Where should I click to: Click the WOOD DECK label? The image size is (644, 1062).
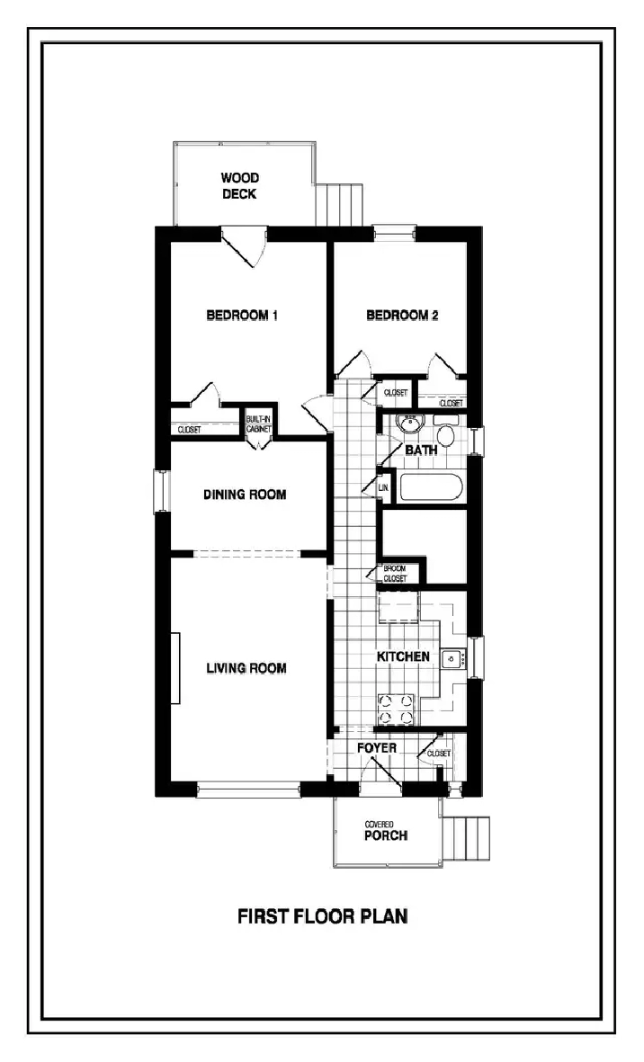(240, 185)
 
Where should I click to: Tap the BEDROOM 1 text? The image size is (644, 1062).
(243, 316)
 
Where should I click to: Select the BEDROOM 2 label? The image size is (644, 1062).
(402, 316)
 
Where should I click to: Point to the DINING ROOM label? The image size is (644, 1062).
(245, 495)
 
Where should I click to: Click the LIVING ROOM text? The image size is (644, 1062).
(246, 668)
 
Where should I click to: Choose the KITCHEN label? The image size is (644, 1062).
(403, 657)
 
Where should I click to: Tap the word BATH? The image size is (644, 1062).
(420, 450)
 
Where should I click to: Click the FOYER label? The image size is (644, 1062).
(377, 748)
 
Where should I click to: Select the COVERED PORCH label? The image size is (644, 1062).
(386, 831)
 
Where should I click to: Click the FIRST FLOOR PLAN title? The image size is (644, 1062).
(322, 917)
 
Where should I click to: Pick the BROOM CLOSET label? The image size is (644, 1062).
(396, 574)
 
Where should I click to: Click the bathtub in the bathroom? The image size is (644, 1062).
(430, 489)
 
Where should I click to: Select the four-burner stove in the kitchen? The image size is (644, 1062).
(396, 708)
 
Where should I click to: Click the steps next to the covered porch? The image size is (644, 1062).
(469, 838)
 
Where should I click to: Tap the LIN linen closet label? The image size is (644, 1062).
(383, 487)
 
